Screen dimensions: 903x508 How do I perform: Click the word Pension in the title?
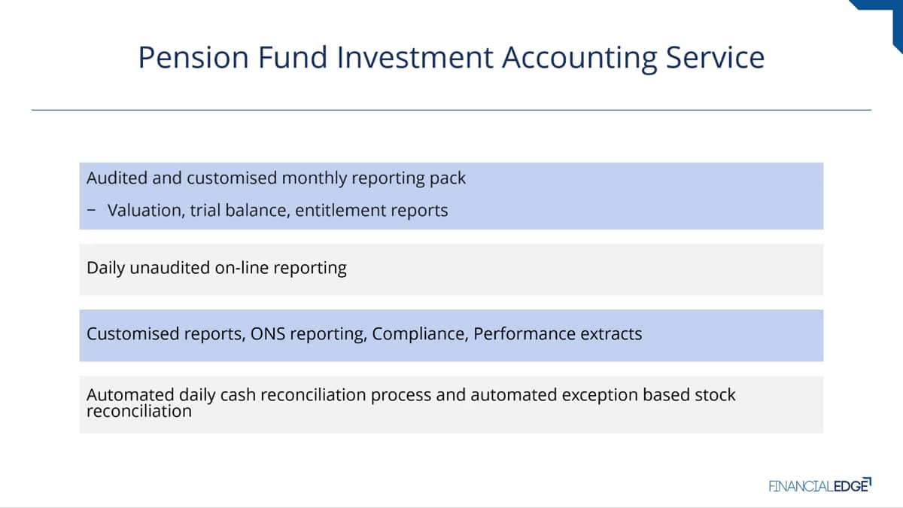click(x=193, y=57)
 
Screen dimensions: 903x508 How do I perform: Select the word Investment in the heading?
click(x=415, y=57)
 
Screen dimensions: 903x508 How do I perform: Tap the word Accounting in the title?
click(x=579, y=59)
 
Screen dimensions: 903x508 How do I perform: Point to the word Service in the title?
click(x=715, y=57)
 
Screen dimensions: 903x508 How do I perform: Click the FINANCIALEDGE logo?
click(x=820, y=485)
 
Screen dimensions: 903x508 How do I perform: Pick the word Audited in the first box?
click(x=117, y=178)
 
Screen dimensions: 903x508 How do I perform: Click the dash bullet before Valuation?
click(x=92, y=210)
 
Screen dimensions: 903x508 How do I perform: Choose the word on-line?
click(x=242, y=268)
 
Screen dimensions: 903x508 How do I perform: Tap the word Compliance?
click(x=420, y=335)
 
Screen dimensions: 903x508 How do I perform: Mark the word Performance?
click(x=524, y=334)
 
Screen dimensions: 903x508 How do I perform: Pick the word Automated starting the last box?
click(x=130, y=394)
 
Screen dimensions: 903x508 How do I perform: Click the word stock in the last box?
click(x=715, y=394)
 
